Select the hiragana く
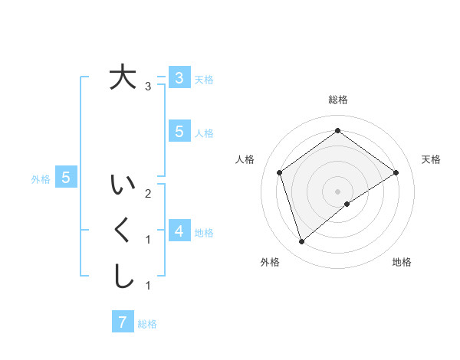click(x=123, y=231)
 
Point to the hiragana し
click(x=123, y=276)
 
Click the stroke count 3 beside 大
click(x=148, y=87)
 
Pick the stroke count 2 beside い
click(x=148, y=194)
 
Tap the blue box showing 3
click(x=179, y=77)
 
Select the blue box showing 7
click(x=123, y=322)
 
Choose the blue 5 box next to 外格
click(x=66, y=178)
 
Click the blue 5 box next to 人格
click(x=179, y=132)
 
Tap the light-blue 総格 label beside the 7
click(x=147, y=324)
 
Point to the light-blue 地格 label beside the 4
click(x=204, y=233)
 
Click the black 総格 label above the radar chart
click(x=337, y=100)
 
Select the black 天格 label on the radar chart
click(x=431, y=159)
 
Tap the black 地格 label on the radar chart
click(x=402, y=262)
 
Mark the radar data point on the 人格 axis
click(x=280, y=172)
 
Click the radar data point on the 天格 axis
click(x=396, y=172)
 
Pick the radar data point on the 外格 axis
click(x=301, y=242)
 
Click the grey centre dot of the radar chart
click(x=337, y=191)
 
